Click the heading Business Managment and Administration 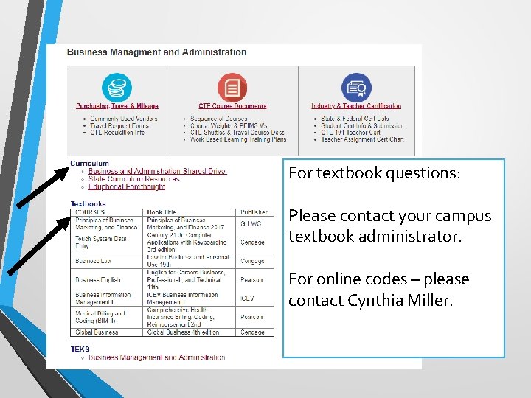(156, 52)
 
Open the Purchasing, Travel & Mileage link (117, 106)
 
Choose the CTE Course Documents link (232, 106)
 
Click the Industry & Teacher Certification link (356, 106)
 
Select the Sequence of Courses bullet (219, 119)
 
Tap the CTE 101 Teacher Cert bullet (350, 133)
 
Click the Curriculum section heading (89, 164)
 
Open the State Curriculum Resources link (133, 179)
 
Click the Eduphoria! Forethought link (126, 187)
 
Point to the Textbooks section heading (88, 204)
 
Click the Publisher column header (254, 212)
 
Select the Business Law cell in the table (92, 261)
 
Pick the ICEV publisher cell (247, 298)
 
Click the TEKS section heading (80, 349)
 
